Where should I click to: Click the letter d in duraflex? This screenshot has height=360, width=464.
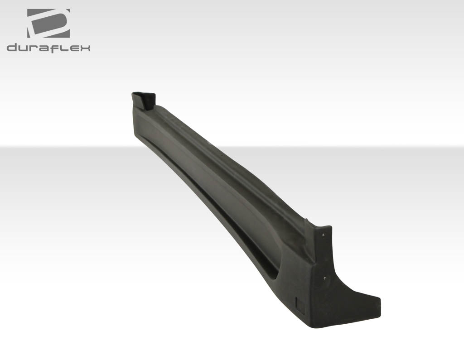click(12, 47)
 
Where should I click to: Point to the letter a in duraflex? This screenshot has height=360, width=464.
click(43, 48)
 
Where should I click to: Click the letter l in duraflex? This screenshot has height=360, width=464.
click(62, 47)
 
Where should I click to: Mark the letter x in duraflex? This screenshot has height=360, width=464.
click(84, 48)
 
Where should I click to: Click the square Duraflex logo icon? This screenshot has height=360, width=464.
click(48, 23)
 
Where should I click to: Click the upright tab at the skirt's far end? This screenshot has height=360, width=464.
click(144, 100)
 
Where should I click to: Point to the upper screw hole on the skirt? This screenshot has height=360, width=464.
click(323, 235)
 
